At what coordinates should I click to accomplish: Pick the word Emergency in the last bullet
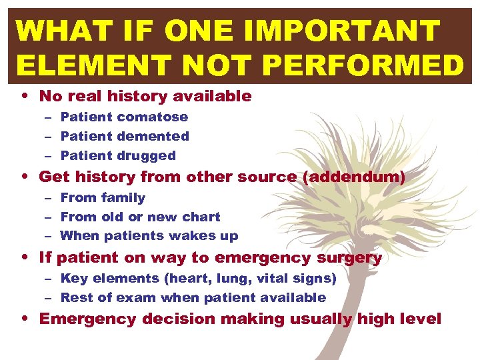click(x=83, y=319)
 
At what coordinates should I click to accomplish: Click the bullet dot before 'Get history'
click(x=24, y=177)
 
